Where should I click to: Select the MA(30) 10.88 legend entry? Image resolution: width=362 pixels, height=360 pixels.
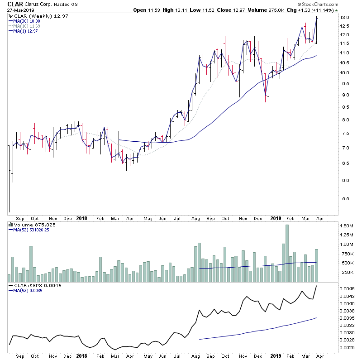[26, 21]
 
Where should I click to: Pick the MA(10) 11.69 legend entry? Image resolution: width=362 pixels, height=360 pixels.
[26, 26]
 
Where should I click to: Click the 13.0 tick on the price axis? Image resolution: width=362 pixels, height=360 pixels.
[346, 17]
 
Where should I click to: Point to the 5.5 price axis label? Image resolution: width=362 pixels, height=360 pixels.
[345, 199]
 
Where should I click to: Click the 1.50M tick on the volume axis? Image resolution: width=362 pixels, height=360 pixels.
[348, 226]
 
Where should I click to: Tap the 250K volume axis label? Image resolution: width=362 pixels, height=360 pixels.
[347, 272]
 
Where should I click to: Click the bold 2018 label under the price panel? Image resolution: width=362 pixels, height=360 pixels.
[82, 217]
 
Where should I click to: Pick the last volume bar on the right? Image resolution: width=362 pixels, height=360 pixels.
[317, 265]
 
